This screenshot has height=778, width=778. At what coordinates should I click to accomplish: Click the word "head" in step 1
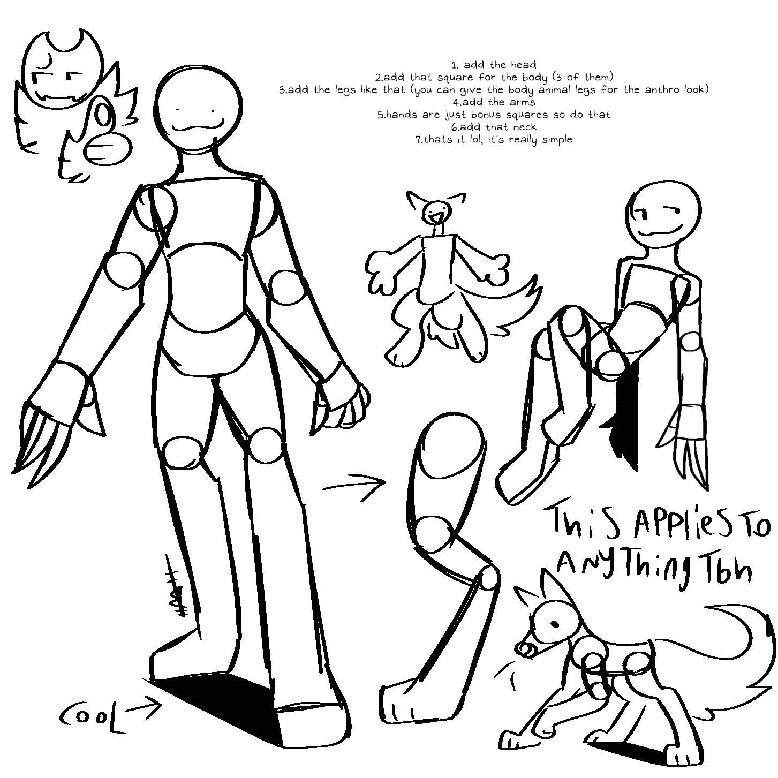523,65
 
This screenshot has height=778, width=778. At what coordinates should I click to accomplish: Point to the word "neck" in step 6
523,127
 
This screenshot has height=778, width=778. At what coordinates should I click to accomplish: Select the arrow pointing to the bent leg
354,486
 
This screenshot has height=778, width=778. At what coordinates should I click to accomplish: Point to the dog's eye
556,624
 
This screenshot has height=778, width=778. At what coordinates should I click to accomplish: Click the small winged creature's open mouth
436,218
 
